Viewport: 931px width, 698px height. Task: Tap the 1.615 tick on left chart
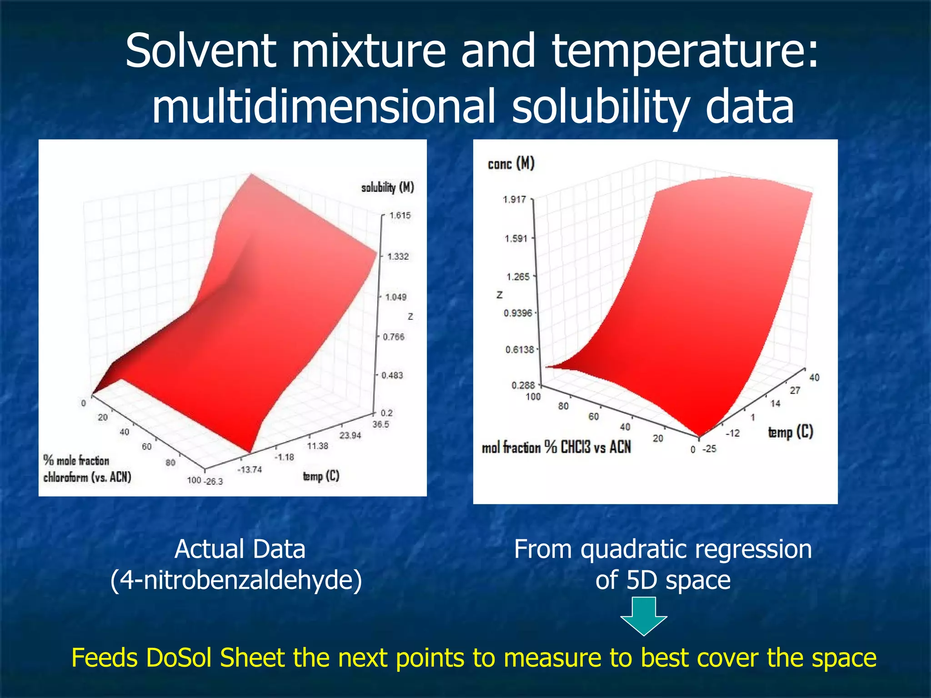400,215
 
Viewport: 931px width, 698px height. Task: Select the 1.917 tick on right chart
514,199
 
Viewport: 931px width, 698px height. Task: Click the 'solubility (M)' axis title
387,187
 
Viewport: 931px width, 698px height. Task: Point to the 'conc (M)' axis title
511,164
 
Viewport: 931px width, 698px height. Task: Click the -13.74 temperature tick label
250,469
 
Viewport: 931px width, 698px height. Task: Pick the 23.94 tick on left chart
350,435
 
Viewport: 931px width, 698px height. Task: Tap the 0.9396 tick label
517,313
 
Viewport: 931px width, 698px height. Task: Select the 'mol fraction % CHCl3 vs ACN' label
556,447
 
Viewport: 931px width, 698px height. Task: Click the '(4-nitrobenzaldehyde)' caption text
236,580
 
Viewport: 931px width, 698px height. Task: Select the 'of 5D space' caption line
663,580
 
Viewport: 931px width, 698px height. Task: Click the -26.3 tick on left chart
214,481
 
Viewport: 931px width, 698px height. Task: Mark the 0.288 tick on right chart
523,385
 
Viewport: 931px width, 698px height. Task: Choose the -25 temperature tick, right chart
709,449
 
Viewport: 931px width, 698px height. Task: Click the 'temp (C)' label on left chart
321,476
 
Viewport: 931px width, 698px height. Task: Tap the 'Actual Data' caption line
240,549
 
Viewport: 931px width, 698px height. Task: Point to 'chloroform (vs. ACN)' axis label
87,477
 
